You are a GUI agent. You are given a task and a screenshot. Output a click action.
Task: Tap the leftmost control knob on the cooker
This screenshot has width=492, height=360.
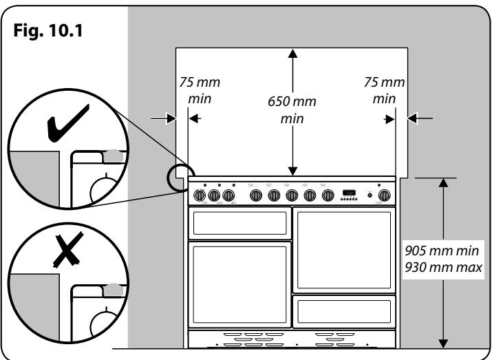point(200,195)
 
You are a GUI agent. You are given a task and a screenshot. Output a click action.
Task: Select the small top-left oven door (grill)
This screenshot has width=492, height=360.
point(239,222)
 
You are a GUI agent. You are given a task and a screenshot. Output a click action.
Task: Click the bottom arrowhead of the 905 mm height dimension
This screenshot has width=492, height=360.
point(443,341)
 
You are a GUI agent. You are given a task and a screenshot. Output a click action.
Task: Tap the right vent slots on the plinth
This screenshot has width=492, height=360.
point(339,338)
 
